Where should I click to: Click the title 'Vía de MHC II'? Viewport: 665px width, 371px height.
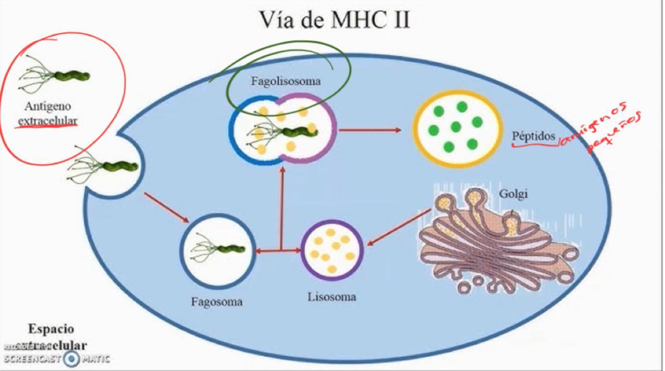pyautogui.click(x=335, y=20)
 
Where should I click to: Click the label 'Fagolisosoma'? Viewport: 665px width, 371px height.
pyautogui.click(x=286, y=82)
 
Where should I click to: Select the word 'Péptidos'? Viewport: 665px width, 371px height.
pyautogui.click(x=534, y=136)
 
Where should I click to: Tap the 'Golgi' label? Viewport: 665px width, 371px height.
pyautogui.click(x=513, y=194)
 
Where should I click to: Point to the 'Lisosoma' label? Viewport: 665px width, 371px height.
pyautogui.click(x=332, y=297)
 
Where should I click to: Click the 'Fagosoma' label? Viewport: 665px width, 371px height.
pyautogui.click(x=217, y=302)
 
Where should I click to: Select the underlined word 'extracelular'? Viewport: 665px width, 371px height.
pyautogui.click(x=47, y=121)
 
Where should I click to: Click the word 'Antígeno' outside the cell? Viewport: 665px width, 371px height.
pyautogui.click(x=47, y=107)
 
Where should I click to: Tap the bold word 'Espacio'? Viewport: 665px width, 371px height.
pyautogui.click(x=51, y=329)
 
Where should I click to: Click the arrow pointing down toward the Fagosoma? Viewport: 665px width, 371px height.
pyautogui.click(x=166, y=208)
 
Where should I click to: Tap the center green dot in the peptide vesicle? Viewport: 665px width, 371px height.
pyautogui.click(x=456, y=127)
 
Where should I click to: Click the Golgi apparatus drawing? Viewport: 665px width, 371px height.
pyautogui.click(x=494, y=244)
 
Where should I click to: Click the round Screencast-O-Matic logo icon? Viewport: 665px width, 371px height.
pyautogui.click(x=72, y=359)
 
